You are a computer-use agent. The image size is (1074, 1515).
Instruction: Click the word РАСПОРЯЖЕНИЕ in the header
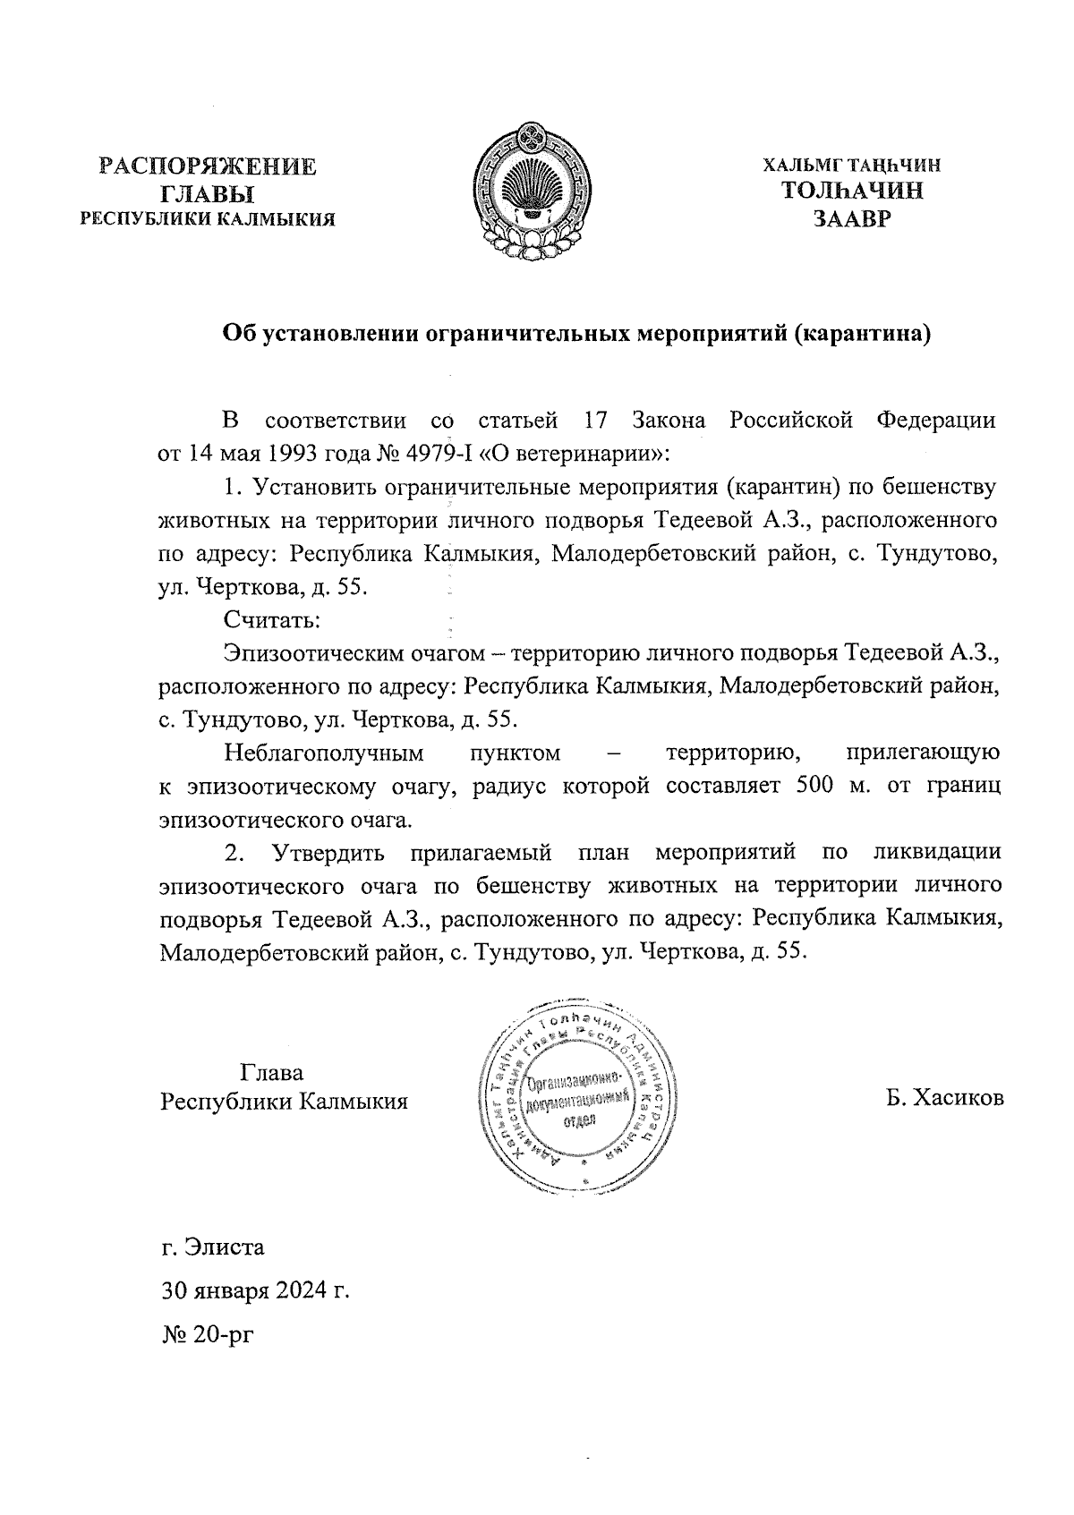point(208,167)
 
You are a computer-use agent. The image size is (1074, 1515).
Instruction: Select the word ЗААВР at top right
point(852,218)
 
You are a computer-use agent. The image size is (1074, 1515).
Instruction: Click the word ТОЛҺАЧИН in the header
point(852,191)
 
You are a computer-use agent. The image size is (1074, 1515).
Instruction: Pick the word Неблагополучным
point(323,753)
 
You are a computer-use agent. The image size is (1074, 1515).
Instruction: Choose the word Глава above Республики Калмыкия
point(272,1072)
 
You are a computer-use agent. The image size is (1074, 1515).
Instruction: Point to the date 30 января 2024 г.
point(254,1291)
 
